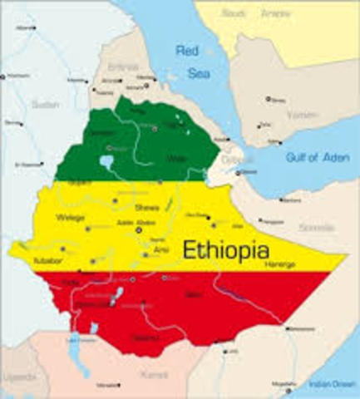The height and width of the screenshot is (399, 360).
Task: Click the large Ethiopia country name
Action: click(225, 249)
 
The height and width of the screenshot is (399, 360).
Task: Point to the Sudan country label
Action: click(46, 104)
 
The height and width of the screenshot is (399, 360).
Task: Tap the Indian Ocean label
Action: click(330, 384)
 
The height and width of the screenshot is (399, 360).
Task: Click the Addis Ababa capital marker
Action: click(139, 229)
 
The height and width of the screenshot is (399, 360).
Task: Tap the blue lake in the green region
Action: click(106, 162)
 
